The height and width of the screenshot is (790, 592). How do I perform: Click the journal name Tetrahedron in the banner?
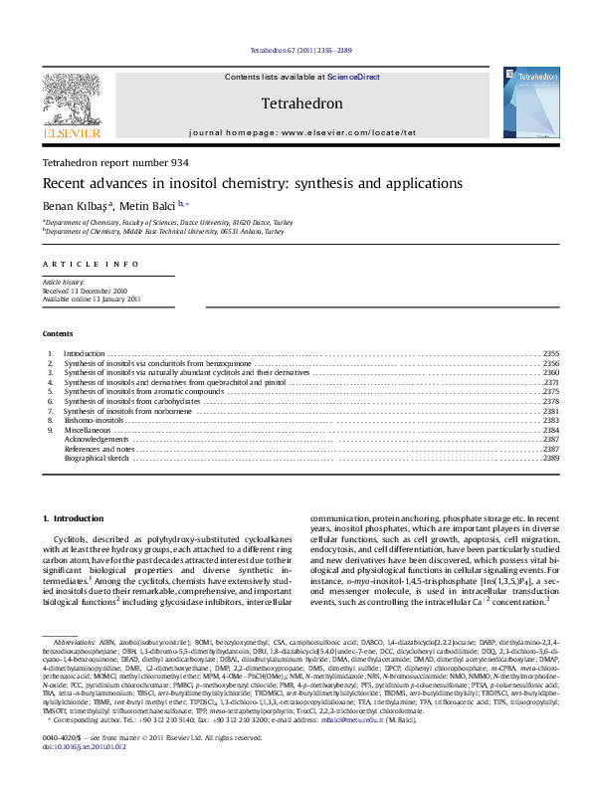(x=301, y=103)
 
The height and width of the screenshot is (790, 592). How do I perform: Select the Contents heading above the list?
(x=58, y=333)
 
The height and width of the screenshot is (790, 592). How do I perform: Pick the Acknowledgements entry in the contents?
(x=97, y=439)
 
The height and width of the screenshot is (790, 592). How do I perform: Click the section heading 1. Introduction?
(x=76, y=519)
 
